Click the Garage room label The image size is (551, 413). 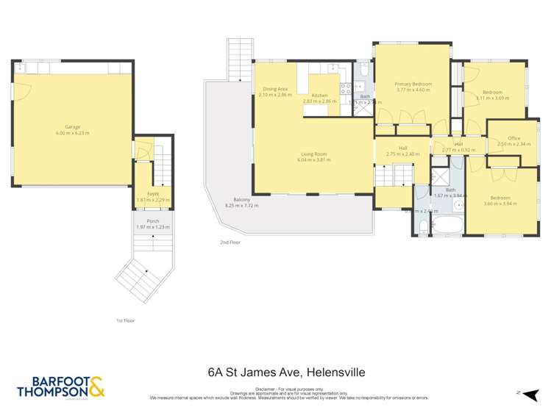72,126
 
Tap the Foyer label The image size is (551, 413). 153,193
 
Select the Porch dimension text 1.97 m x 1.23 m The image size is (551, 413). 153,227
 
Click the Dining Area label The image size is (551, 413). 275,89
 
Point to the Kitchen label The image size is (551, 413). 319,96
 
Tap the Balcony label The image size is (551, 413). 242,200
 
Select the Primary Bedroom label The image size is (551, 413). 413,84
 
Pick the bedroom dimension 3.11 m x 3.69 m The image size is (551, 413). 492,98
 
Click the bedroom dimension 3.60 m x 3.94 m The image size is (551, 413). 500,204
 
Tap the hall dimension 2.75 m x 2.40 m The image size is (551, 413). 402,154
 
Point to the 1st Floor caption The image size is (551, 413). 125,320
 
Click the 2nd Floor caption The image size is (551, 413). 230,242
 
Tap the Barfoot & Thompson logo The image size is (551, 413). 61,387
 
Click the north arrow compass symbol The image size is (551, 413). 520,393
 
